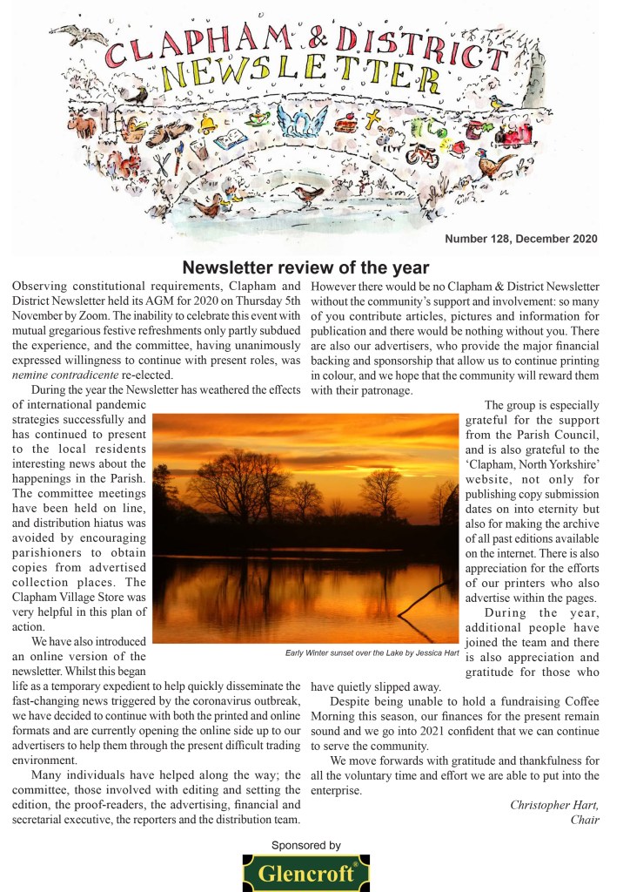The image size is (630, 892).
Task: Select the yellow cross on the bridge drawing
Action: (x=373, y=119)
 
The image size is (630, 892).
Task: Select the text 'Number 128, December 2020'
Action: (x=520, y=239)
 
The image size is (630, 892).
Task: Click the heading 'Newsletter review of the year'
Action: (x=305, y=267)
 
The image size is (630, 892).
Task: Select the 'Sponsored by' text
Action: (x=305, y=845)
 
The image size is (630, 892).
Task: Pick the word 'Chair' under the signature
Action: (x=585, y=820)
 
